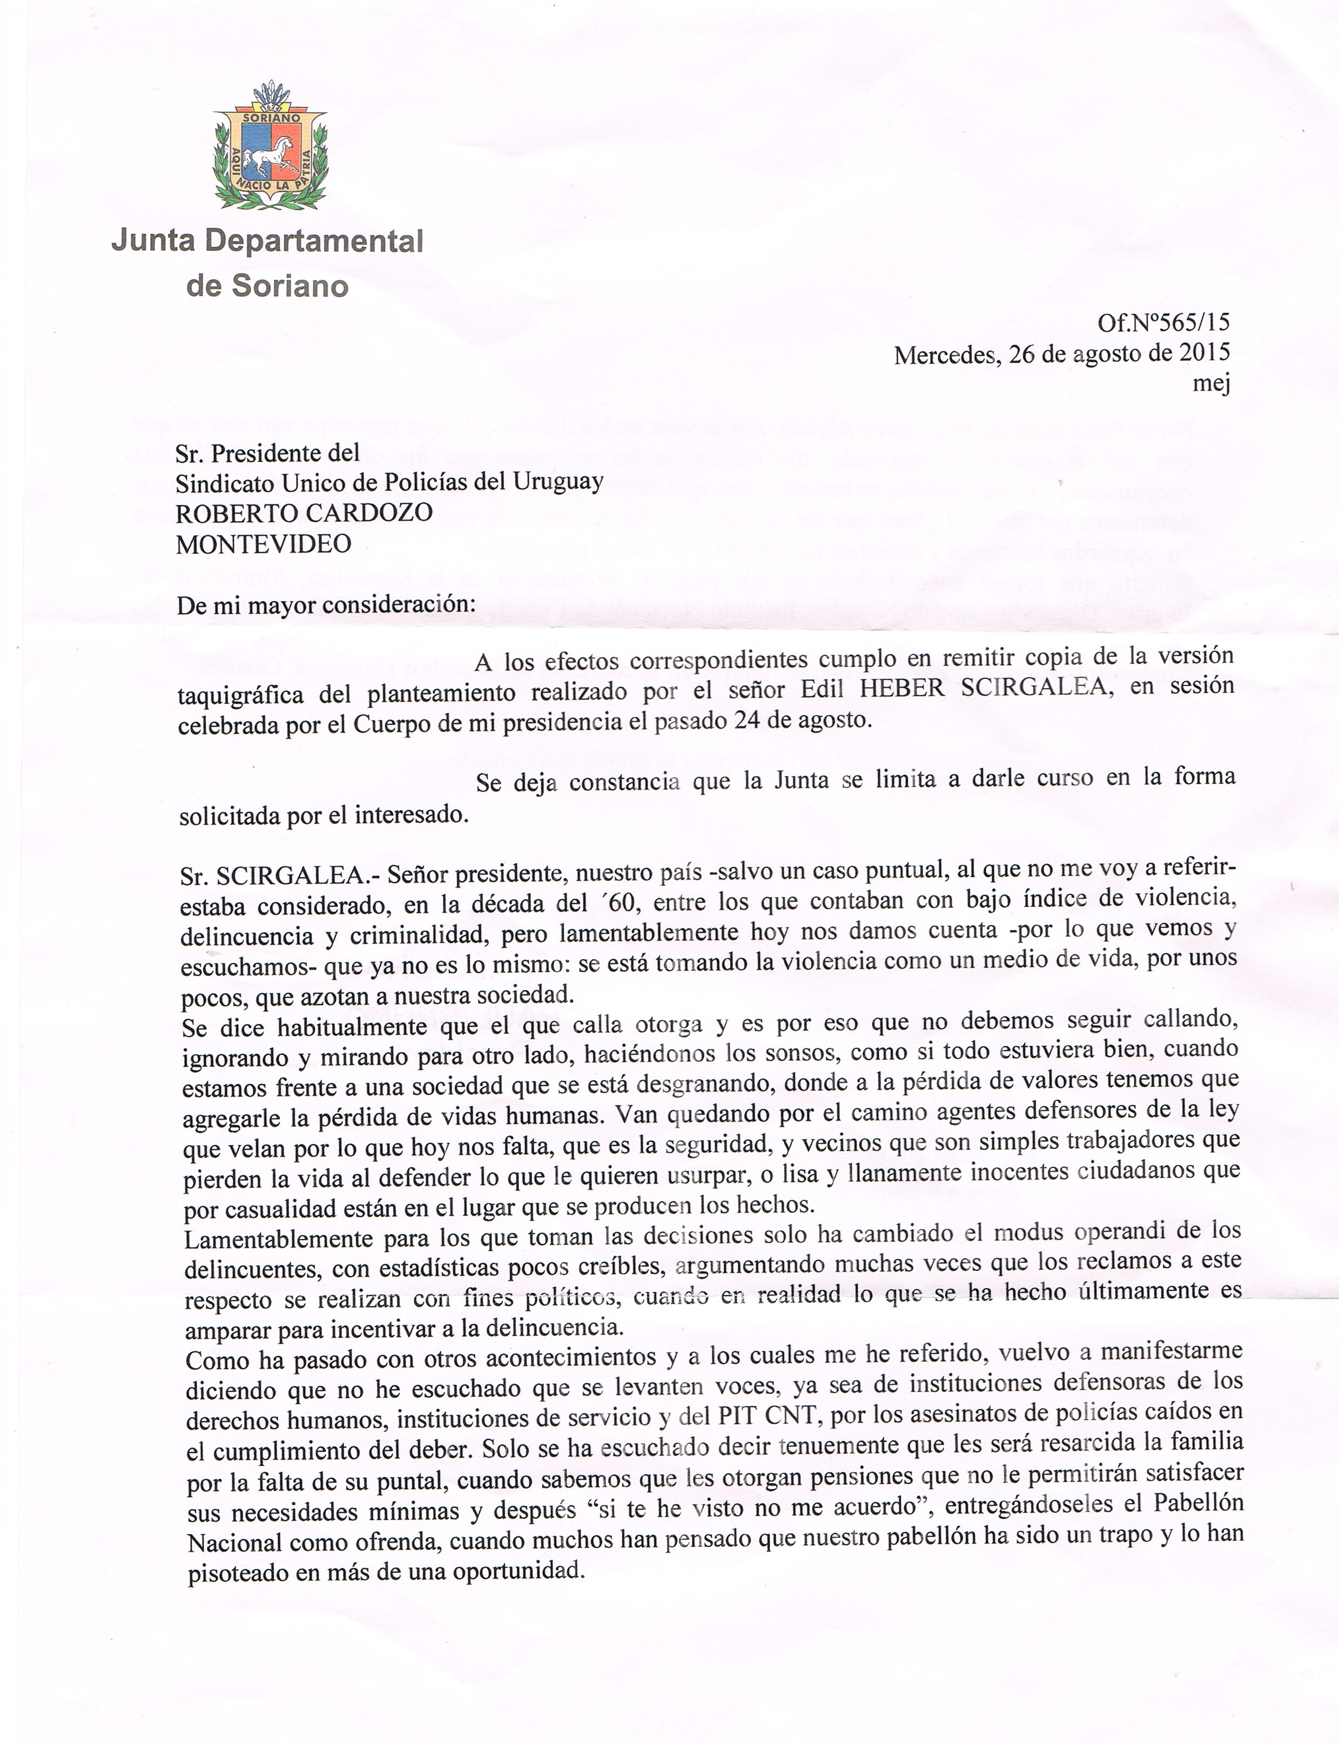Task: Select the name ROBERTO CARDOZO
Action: point(304,513)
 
